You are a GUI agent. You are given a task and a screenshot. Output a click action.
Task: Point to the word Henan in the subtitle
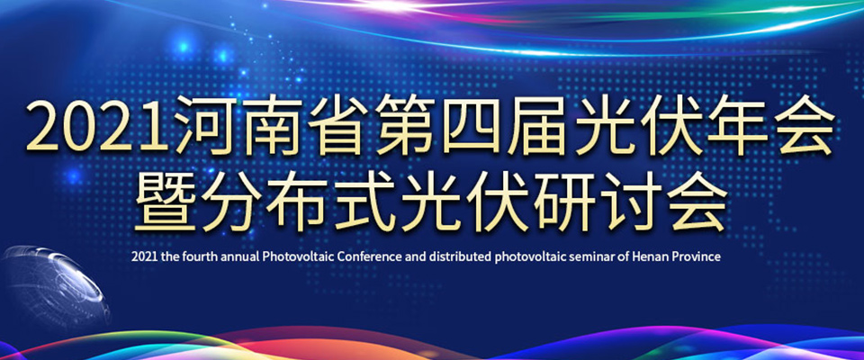[649, 257]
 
